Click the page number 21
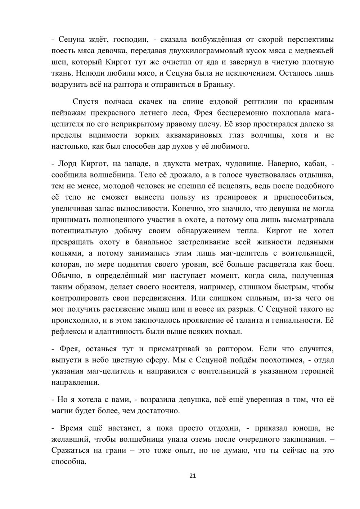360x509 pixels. click(x=193, y=476)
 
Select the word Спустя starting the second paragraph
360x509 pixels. click(x=86, y=102)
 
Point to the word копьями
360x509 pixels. click(x=65, y=253)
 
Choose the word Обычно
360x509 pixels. click(x=65, y=276)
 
